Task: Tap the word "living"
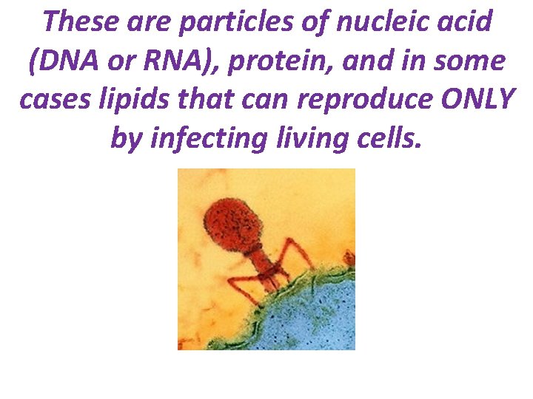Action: (298, 137)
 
